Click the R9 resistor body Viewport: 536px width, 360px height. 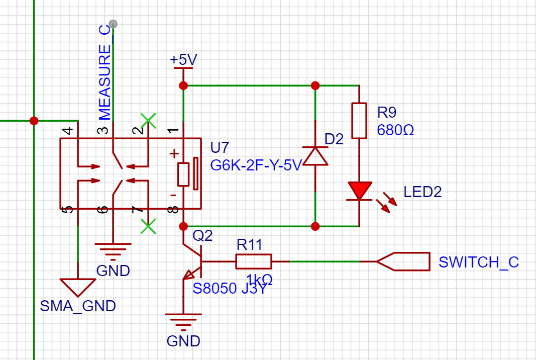359,121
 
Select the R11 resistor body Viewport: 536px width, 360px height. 254,261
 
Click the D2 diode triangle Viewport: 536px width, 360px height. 315,156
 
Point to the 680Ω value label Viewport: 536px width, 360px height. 395,130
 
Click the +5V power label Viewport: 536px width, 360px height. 183,59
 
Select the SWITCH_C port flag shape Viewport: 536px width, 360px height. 403,261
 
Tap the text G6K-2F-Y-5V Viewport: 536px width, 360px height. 256,165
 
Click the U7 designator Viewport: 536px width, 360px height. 220,147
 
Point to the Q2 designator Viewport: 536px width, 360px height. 202,235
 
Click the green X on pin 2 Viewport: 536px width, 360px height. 148,121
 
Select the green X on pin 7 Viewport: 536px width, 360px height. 148,227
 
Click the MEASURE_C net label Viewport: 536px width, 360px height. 104,72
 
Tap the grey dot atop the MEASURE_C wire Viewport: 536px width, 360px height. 113,24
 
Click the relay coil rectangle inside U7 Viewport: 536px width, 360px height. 183,174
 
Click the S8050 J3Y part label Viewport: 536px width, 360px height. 230,289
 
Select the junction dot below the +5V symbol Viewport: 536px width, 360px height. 183,85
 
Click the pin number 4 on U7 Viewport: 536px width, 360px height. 68,130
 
